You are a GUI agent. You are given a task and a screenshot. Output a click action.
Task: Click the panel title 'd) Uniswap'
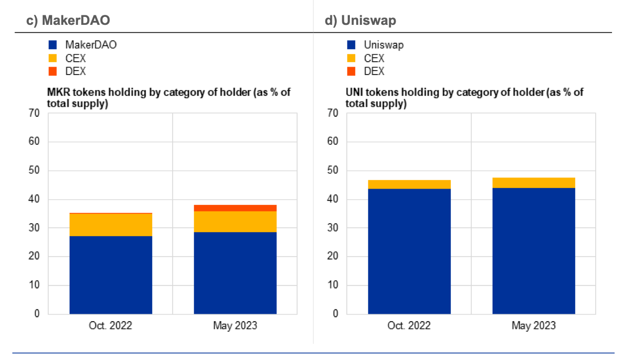pyautogui.click(x=360, y=20)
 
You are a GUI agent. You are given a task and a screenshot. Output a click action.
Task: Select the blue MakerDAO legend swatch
pyautogui.click(x=53, y=45)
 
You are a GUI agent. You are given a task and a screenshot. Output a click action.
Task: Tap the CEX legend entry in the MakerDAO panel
pyautogui.click(x=75, y=58)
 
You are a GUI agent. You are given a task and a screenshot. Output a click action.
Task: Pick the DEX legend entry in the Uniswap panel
pyautogui.click(x=374, y=71)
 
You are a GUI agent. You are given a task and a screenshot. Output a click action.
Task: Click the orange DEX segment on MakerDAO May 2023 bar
pyautogui.click(x=235, y=208)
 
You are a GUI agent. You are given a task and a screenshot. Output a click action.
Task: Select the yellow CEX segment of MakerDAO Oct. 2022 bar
pyautogui.click(x=110, y=225)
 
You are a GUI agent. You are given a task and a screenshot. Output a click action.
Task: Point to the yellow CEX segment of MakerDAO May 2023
pyautogui.click(x=235, y=222)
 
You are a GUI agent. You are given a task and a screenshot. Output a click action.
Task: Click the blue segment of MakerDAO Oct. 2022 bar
pyautogui.click(x=110, y=274)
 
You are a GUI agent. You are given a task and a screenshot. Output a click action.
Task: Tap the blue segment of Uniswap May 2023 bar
pyautogui.click(x=533, y=251)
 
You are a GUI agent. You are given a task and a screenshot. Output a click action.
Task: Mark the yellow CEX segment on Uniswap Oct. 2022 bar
pyautogui.click(x=409, y=184)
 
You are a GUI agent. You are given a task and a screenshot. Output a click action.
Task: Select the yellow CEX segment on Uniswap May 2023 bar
pyautogui.click(x=533, y=182)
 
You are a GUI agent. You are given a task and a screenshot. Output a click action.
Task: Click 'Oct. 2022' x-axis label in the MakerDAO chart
pyautogui.click(x=110, y=326)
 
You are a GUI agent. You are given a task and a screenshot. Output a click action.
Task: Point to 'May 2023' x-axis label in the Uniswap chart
pyautogui.click(x=533, y=326)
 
